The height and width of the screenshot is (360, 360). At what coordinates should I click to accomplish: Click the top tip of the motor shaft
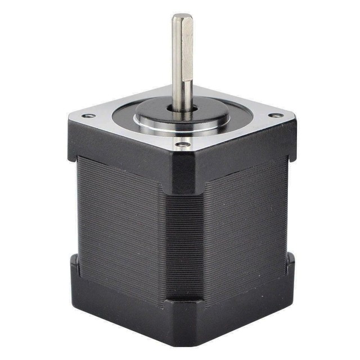(182, 17)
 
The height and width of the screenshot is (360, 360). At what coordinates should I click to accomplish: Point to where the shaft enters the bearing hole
(183, 107)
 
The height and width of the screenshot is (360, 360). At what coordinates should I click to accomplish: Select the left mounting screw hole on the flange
(88, 116)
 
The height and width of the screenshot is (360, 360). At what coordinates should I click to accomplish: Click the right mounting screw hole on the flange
(276, 115)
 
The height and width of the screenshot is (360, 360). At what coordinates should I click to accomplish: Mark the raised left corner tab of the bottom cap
(75, 267)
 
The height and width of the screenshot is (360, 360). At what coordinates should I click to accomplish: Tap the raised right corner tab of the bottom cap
(290, 264)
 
